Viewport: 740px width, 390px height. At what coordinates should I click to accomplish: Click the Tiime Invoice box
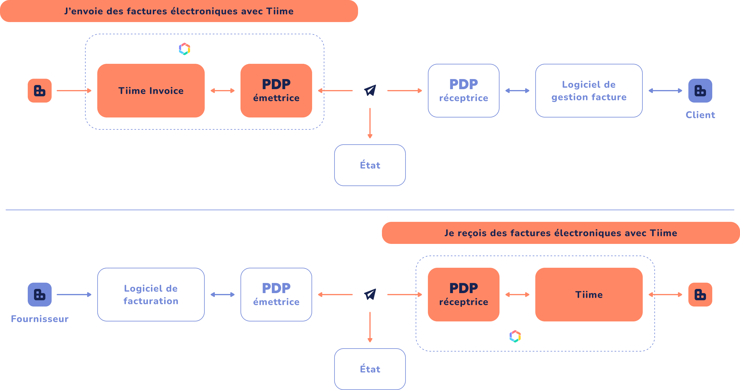click(x=151, y=91)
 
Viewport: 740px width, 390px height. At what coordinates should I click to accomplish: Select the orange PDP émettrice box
click(x=276, y=91)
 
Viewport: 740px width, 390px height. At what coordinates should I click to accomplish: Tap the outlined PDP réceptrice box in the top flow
click(x=463, y=91)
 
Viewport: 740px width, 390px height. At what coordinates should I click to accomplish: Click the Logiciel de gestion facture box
click(x=589, y=91)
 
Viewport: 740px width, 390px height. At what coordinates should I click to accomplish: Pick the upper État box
click(x=370, y=165)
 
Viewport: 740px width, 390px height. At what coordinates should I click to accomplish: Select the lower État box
click(x=370, y=369)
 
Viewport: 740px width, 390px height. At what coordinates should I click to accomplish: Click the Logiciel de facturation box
click(x=151, y=295)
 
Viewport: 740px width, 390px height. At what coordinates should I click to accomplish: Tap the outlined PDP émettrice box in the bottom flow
click(x=276, y=295)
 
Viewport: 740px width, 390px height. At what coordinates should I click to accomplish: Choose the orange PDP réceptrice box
click(x=463, y=295)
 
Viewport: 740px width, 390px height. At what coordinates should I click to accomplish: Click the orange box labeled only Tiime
click(x=589, y=295)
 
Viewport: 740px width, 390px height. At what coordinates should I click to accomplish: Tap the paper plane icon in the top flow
click(x=370, y=91)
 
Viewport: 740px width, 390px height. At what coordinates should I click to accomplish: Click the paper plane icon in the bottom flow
click(x=370, y=295)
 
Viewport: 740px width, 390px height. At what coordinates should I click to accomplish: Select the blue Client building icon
click(x=700, y=91)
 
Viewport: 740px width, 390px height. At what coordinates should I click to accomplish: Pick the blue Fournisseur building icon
click(x=40, y=295)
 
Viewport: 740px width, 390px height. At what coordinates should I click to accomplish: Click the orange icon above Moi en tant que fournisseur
click(x=40, y=91)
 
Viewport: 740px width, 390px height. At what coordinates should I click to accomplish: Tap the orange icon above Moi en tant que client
click(x=700, y=295)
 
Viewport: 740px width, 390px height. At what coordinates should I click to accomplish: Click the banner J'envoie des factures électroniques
click(x=179, y=11)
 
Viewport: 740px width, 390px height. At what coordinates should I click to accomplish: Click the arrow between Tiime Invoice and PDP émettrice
click(x=223, y=91)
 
